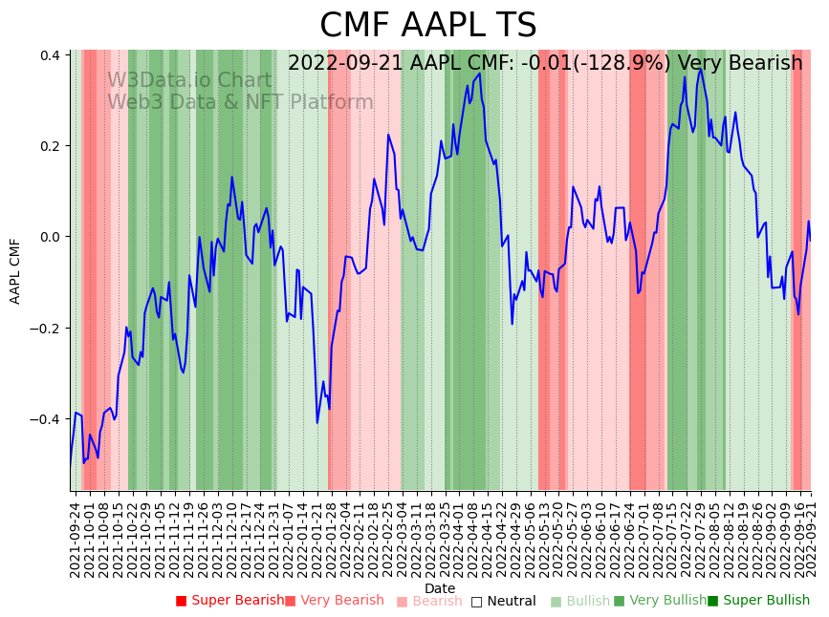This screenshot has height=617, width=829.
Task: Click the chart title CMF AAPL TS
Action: coord(427,26)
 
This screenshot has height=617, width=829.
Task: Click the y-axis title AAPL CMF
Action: coord(15,271)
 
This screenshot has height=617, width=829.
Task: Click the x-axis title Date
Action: coord(440,588)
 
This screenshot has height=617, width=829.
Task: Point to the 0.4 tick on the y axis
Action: coord(50,55)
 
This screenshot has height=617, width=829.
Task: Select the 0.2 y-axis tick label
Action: coord(50,146)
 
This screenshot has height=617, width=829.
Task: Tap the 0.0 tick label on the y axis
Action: coord(50,237)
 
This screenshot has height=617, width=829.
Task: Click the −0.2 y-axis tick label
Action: coord(47,329)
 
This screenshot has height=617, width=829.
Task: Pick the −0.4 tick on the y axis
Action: coord(47,419)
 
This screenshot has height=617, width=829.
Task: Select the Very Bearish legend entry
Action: coord(340,601)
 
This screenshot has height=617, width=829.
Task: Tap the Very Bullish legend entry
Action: coord(666,601)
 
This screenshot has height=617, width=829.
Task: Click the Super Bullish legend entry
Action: coord(766,601)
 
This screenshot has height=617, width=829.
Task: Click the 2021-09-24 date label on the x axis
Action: coord(76,539)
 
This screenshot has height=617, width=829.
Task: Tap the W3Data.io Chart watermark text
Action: coord(188,80)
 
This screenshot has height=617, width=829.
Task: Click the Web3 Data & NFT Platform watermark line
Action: coord(240,102)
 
